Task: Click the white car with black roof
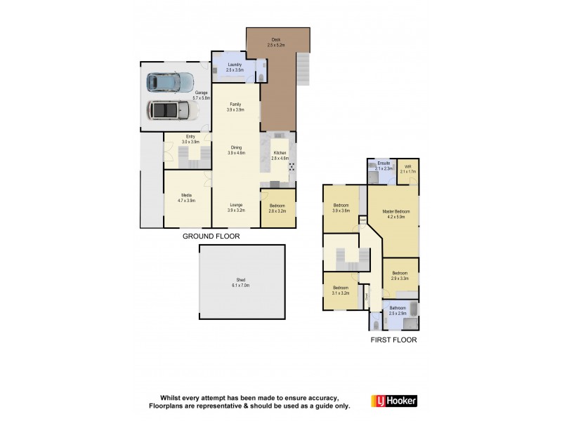click(x=167, y=111)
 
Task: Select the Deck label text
click(x=277, y=42)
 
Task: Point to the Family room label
click(x=235, y=107)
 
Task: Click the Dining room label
click(x=235, y=149)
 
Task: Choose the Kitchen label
click(x=280, y=155)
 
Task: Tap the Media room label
click(x=187, y=197)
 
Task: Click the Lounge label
click(x=235, y=207)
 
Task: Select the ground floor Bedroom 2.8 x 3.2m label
click(x=277, y=207)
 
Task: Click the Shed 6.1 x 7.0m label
click(x=241, y=283)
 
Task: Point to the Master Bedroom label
click(x=397, y=214)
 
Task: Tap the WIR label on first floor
click(x=407, y=168)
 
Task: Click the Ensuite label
click(x=383, y=166)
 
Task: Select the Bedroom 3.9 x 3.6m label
click(x=341, y=208)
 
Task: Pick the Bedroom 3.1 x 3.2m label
click(x=341, y=290)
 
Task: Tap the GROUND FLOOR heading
click(x=211, y=237)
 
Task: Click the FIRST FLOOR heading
click(x=393, y=340)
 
